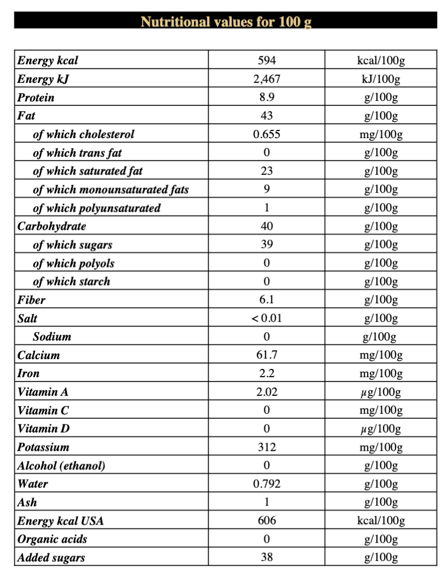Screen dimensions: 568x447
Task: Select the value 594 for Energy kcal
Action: point(266,60)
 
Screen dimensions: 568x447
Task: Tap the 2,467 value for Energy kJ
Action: point(266,79)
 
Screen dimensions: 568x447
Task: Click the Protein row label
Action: point(36,98)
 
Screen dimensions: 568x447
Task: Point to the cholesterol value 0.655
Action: point(266,134)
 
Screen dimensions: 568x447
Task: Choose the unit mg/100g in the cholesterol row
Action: point(381,134)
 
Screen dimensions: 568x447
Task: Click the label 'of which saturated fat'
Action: point(88,171)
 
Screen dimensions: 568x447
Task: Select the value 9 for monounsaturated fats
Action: point(266,190)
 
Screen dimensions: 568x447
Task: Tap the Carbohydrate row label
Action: point(51,226)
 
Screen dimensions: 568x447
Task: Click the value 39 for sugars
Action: point(266,245)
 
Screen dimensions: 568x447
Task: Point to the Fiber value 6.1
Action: point(266,300)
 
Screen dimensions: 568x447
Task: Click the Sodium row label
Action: point(52,337)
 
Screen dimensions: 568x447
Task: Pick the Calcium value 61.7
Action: point(266,355)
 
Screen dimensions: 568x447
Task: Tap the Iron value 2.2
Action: point(266,374)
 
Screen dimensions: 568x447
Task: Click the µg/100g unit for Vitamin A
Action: point(381,392)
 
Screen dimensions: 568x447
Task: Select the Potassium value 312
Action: point(266,447)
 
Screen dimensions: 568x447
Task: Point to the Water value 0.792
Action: point(266,484)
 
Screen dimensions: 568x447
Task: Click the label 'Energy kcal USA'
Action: point(60,521)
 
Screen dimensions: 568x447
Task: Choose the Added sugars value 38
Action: point(266,558)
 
